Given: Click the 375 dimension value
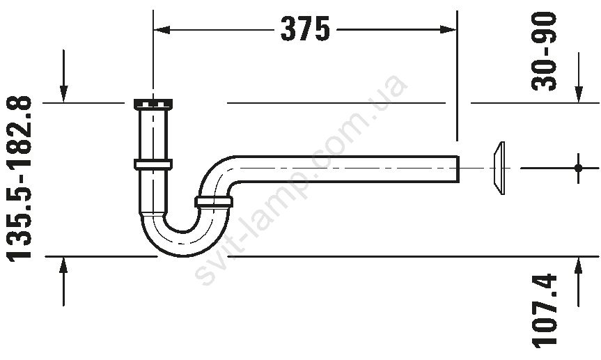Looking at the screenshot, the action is coord(305,29).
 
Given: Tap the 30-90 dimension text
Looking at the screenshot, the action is coord(544,51).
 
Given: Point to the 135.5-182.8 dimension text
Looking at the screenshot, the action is coord(19,179).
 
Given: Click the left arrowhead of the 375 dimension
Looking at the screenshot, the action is coord(162,29).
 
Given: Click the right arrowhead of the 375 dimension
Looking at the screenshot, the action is coord(448,29).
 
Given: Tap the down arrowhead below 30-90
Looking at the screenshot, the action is coord(579,95).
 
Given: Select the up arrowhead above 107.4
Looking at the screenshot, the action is coord(579,265).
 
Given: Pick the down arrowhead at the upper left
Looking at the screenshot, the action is coord(63,95).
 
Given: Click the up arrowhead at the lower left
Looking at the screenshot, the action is coord(63,265).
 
